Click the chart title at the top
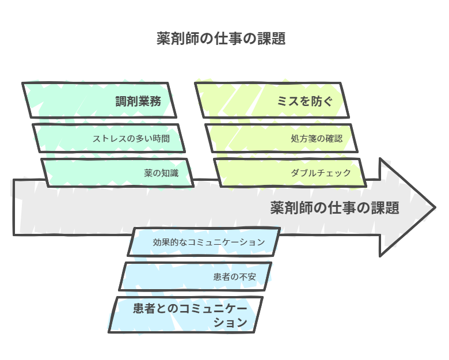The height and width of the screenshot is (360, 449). [221, 39]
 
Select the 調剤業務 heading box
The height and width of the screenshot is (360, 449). [99, 100]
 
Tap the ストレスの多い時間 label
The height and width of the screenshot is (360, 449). [131, 139]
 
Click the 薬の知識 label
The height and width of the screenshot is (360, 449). [161, 173]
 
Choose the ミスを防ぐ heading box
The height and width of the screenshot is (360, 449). [272, 100]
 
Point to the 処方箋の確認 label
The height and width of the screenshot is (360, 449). [317, 139]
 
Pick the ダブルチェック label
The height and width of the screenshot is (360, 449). [321, 173]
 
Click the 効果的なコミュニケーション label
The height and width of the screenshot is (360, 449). [209, 242]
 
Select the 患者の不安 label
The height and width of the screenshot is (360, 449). [234, 276]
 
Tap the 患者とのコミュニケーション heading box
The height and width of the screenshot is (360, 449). [185, 314]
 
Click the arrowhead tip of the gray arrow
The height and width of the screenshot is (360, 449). [436, 207]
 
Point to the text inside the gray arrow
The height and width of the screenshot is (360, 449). [334, 208]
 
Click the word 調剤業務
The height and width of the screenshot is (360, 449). [138, 101]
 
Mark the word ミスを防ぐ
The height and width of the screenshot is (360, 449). [305, 101]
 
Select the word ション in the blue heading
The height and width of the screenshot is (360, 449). [230, 323]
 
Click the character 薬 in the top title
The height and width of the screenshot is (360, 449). [163, 39]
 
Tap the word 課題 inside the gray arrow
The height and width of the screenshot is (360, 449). [385, 208]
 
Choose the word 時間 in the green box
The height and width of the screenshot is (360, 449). [162, 139]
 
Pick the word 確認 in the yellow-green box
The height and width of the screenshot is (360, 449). [334, 139]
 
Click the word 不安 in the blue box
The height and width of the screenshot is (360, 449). [248, 276]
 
